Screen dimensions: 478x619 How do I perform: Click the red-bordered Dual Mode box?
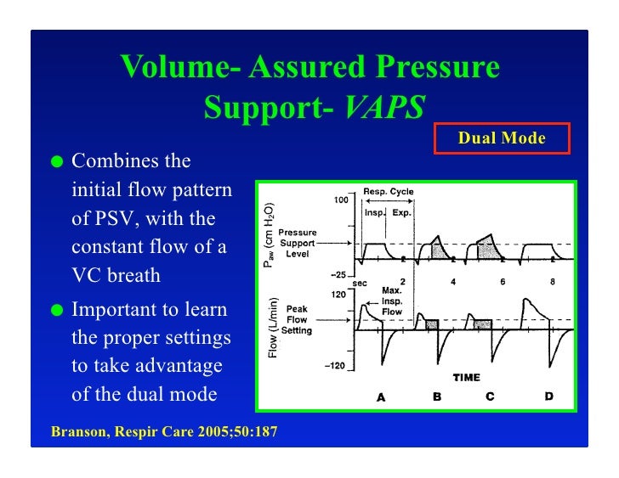click(x=502, y=138)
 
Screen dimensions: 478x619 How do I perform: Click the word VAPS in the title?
click(x=384, y=108)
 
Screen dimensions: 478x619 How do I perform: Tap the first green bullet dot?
click(x=57, y=162)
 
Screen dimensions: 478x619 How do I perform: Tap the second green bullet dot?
click(x=57, y=309)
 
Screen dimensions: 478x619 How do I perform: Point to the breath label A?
click(x=381, y=396)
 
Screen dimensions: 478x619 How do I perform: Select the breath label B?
click(x=437, y=396)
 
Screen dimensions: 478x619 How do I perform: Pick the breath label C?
click(x=490, y=396)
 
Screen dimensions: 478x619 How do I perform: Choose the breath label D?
click(x=548, y=396)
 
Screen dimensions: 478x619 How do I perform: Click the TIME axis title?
click(x=466, y=378)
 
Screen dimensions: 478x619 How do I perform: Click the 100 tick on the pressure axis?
click(x=340, y=200)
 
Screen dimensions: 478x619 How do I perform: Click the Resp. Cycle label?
click(x=389, y=192)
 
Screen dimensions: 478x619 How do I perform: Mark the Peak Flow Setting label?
click(x=297, y=320)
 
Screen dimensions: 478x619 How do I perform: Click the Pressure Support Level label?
click(x=298, y=243)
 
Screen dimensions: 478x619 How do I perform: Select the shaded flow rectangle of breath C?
click(x=482, y=324)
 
